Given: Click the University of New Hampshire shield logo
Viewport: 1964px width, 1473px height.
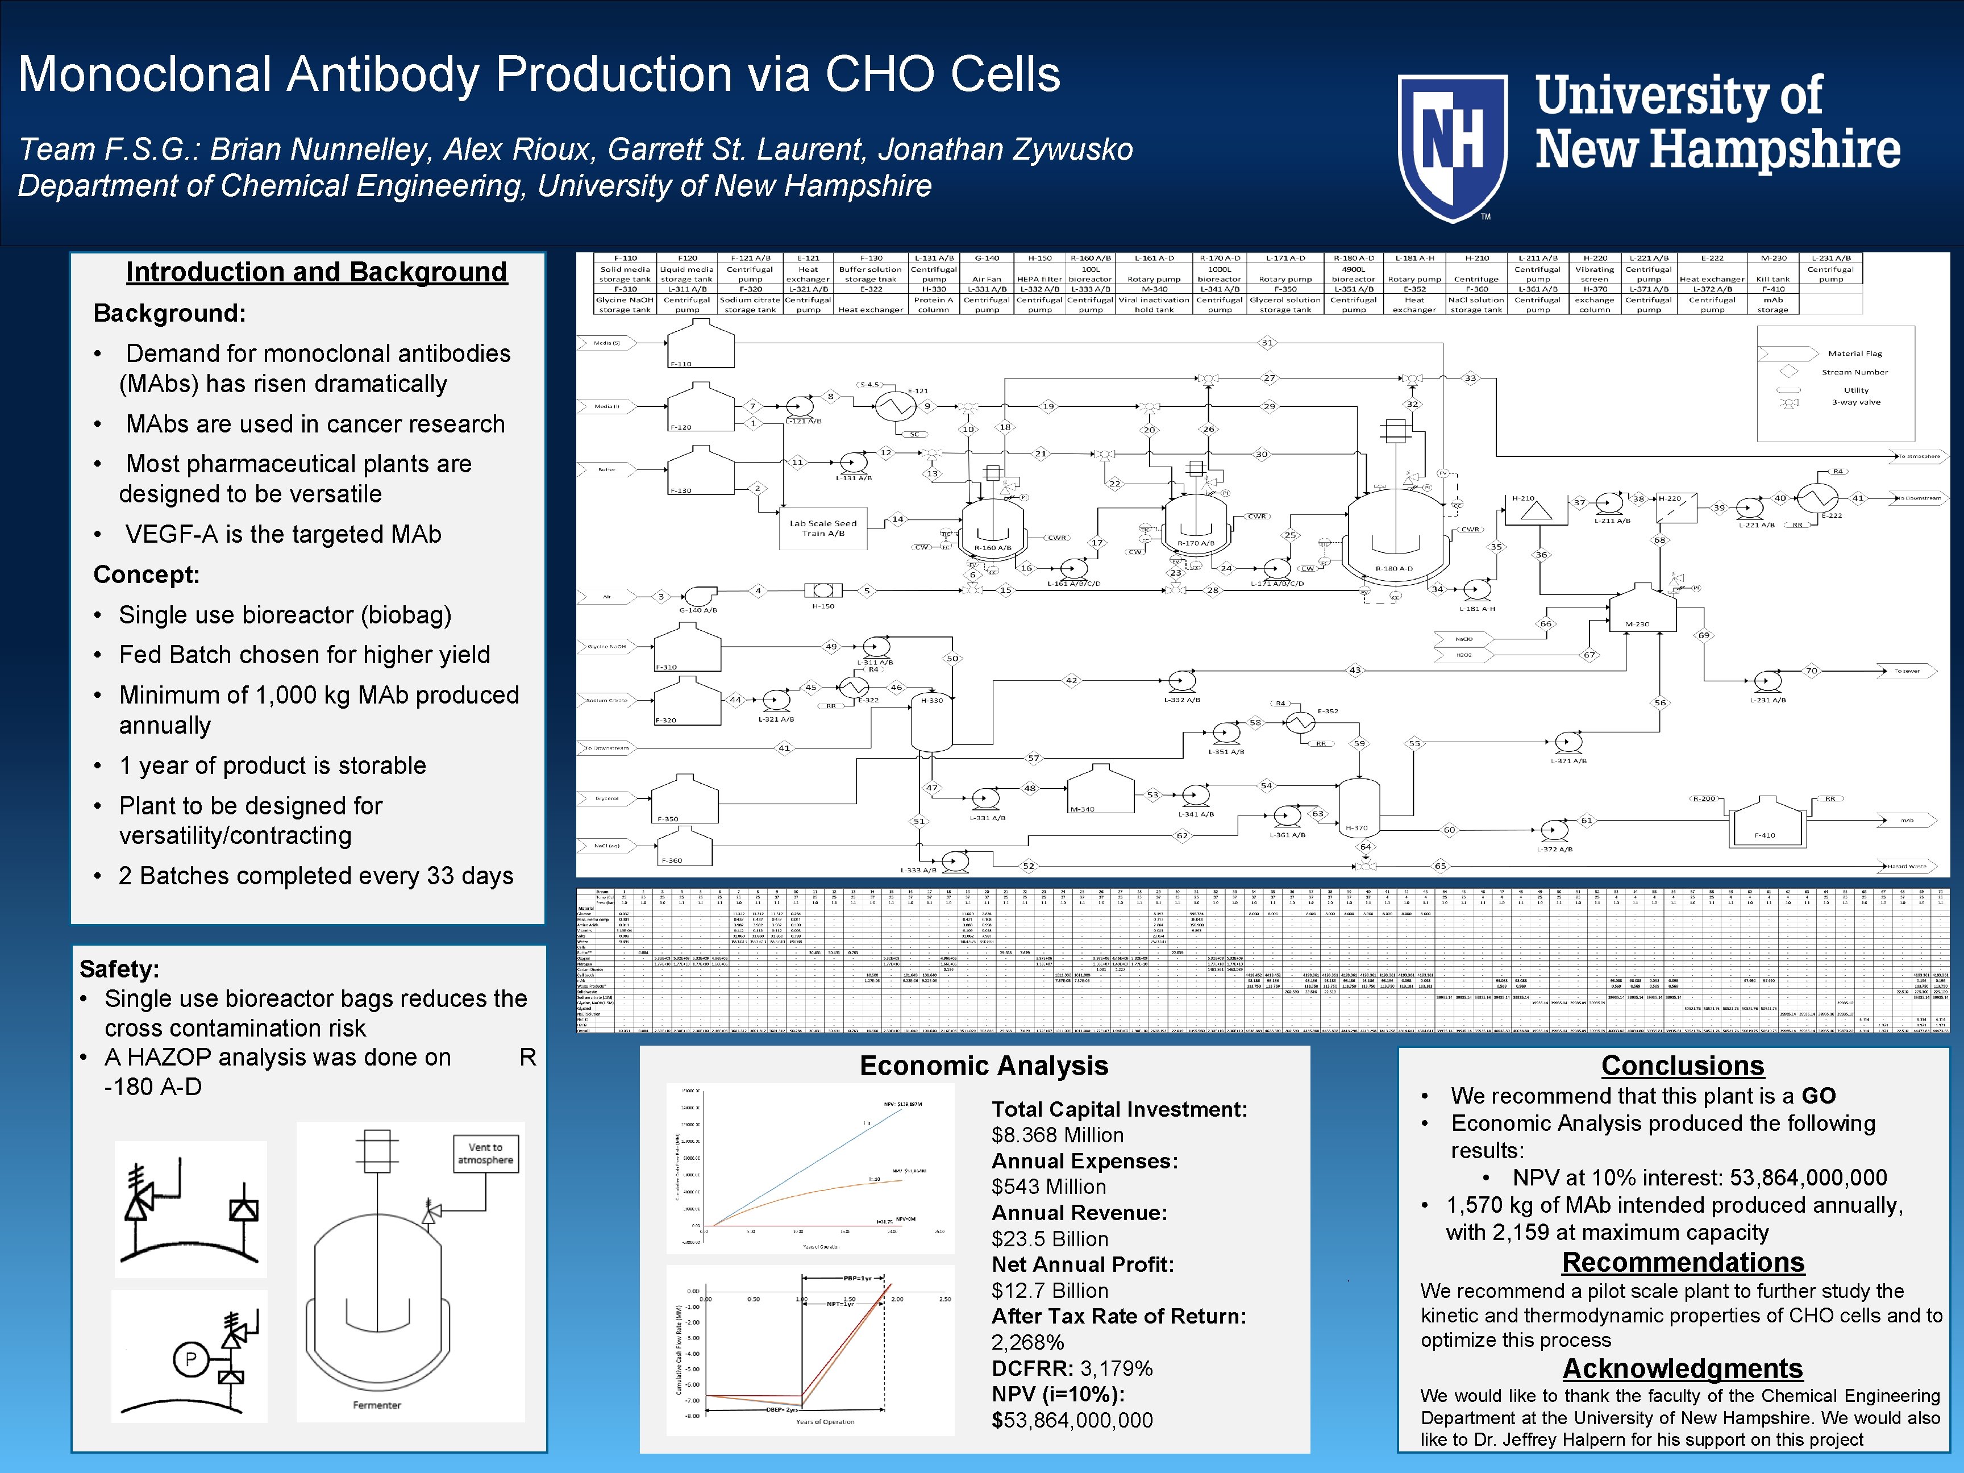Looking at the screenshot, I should (x=1453, y=147).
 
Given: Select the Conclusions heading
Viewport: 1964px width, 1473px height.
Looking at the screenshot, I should (x=1683, y=1066).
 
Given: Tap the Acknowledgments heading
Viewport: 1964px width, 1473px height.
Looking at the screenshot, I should (x=1683, y=1368).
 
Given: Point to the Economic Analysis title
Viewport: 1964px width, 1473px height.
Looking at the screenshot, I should (x=984, y=1066).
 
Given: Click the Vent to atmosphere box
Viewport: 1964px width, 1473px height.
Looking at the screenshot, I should (x=485, y=1154).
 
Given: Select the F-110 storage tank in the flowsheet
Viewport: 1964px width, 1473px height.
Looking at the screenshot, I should (x=701, y=344).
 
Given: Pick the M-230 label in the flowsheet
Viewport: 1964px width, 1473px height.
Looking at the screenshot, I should (x=1636, y=624).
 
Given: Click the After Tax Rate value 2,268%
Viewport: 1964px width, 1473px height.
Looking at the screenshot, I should (x=1027, y=1342).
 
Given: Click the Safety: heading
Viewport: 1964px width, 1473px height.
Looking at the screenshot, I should (x=119, y=969).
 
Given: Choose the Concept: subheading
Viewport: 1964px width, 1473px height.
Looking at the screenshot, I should (x=147, y=575).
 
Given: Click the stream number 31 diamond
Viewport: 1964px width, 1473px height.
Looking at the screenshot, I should (x=1267, y=342).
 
